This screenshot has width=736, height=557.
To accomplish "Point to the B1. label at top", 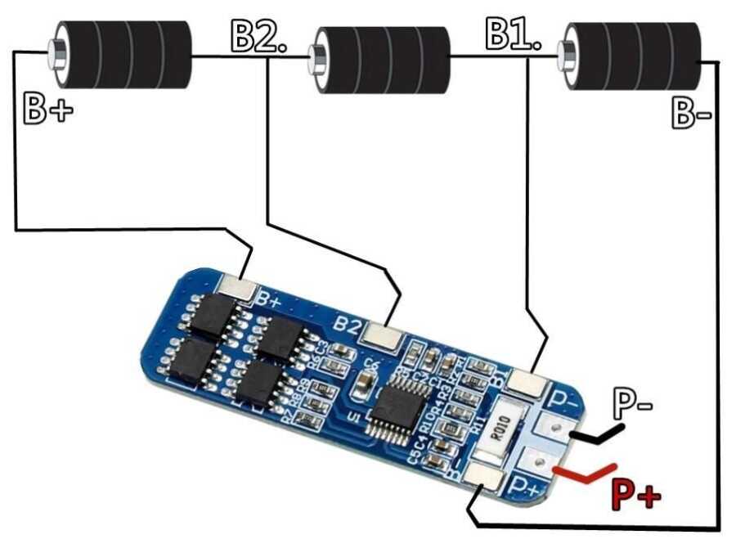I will (513, 34).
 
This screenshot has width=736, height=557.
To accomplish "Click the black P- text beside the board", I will (633, 404).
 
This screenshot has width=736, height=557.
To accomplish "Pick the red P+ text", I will (635, 493).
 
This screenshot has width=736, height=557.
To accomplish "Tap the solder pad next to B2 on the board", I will (380, 332).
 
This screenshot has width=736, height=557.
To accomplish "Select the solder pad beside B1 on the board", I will (527, 381).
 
